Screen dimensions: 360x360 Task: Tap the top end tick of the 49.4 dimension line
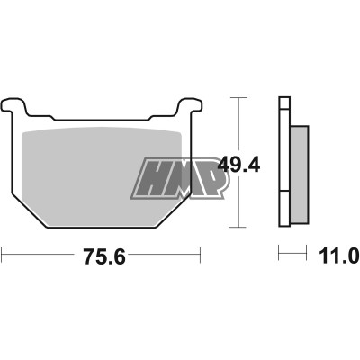(x=238, y=96)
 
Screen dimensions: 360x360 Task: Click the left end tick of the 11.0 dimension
(x=280, y=254)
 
